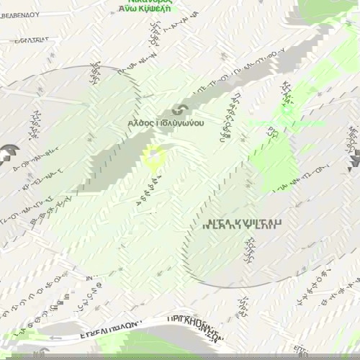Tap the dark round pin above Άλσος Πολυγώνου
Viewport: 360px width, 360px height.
pos(181,110)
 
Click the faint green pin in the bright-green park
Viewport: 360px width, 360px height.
pos(287,109)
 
